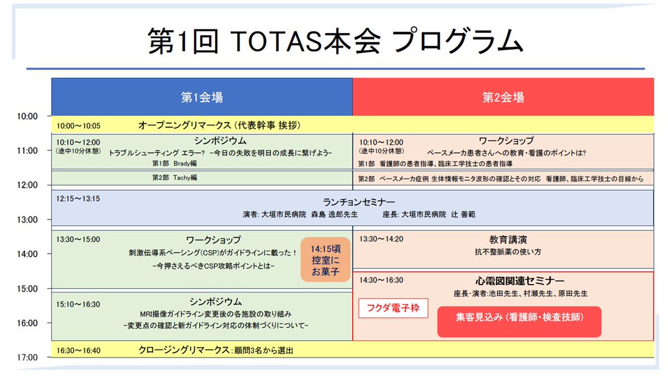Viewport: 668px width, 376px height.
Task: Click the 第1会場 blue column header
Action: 202,97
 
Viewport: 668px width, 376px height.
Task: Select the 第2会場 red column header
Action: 503,97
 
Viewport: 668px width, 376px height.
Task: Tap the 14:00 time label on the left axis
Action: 26,254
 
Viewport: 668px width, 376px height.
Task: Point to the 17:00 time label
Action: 26,357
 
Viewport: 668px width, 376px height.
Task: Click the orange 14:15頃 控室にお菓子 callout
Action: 325,260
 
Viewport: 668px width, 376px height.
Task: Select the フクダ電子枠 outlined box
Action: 393,306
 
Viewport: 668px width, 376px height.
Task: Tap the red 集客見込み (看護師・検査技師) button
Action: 519,318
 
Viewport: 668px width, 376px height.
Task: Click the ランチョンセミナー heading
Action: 359,202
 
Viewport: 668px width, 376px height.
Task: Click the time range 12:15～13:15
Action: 78,198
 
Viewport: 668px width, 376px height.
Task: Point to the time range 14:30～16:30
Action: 381,280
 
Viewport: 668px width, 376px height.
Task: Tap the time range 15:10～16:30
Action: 78,304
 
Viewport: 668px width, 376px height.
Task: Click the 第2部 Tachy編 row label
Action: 174,178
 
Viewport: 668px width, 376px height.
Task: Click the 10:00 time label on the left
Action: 26,116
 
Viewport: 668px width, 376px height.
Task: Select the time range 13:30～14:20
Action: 381,239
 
